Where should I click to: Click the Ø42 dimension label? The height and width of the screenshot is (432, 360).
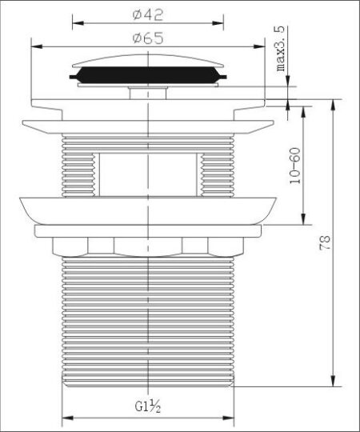pos(148,15)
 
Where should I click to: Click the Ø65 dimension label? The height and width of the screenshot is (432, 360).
pos(148,38)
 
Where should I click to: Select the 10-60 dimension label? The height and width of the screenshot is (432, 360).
pos(295,166)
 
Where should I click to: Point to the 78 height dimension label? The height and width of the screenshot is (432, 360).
pos(325,242)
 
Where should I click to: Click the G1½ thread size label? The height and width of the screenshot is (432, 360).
pos(148,406)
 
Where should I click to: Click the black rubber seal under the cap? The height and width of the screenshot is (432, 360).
pos(148,75)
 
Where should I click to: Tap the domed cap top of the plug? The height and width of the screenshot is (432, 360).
pos(148,61)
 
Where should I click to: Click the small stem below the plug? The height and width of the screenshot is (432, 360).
pos(148,93)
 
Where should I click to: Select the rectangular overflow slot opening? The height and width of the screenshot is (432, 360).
pos(148,174)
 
